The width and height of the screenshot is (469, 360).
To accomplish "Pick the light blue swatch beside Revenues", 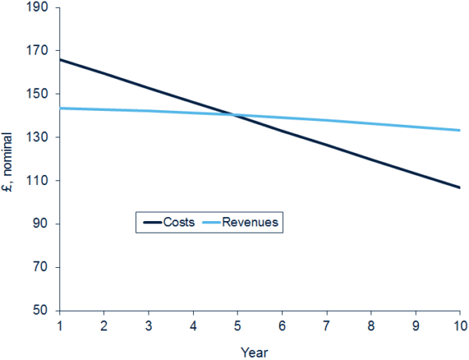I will point(210,223).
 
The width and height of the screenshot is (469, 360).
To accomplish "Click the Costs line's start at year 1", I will point(59,59).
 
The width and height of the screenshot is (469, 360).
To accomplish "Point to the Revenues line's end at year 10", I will point(459,130).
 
